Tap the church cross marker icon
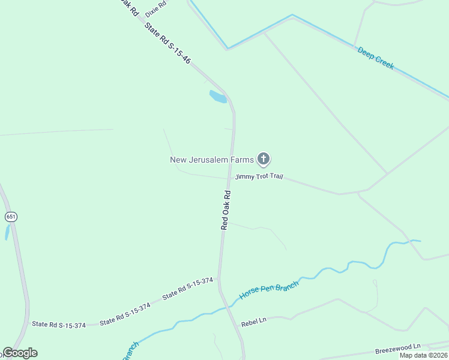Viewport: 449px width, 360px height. click(x=263, y=159)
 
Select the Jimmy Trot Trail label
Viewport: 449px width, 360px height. click(x=259, y=177)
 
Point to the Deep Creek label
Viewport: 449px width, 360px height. click(x=376, y=58)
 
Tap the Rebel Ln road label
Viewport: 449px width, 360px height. click(x=253, y=322)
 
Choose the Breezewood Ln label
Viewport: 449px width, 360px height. click(x=398, y=348)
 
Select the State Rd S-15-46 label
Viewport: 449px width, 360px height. click(x=167, y=43)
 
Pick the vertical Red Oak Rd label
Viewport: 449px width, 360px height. click(x=226, y=210)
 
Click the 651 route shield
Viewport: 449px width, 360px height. click(x=11, y=216)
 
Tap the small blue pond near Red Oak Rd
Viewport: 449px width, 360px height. click(x=217, y=96)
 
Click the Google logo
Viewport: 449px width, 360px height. click(x=20, y=353)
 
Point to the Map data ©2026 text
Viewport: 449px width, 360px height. click(x=424, y=355)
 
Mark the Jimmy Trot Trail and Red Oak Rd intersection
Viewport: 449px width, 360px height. click(x=229, y=178)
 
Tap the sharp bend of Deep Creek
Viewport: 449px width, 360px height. click(x=228, y=48)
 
